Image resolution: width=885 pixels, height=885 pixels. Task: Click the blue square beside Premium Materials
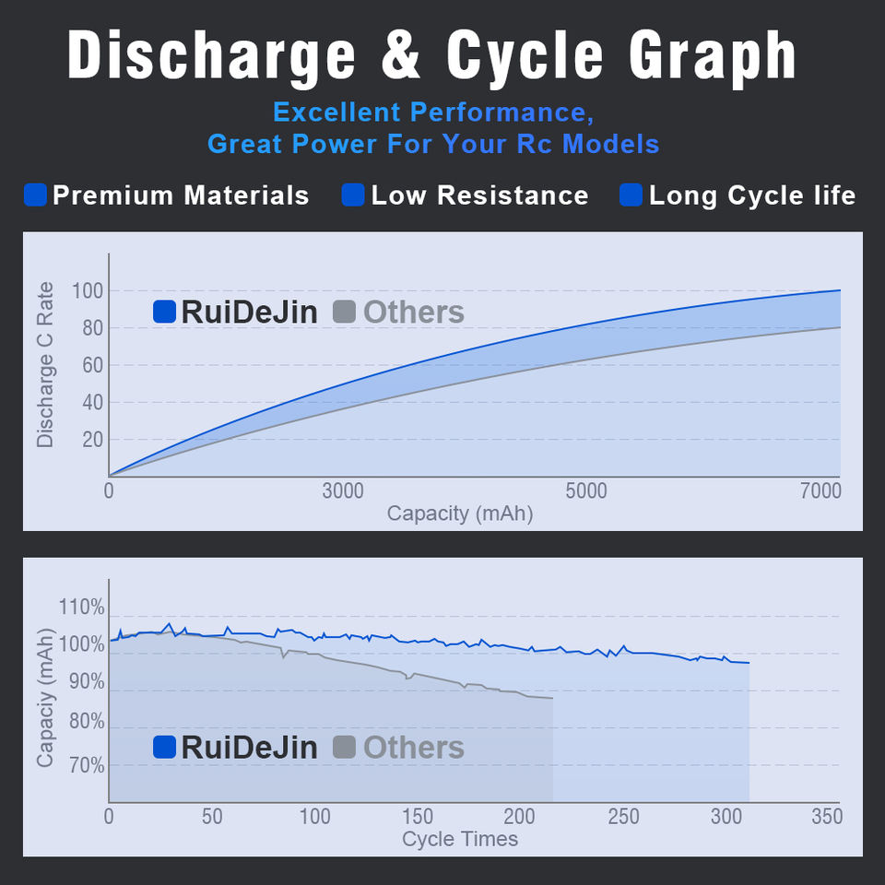[x=35, y=195]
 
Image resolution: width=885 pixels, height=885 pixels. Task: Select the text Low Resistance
[x=479, y=195]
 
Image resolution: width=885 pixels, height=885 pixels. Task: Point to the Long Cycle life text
[x=752, y=195]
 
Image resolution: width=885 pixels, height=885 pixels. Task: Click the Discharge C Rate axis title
[x=45, y=365]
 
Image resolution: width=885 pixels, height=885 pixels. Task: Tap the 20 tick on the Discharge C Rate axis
[x=93, y=440]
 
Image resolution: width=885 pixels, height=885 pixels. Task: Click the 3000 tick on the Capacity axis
[x=343, y=491]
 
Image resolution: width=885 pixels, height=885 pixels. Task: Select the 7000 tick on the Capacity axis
[x=820, y=491]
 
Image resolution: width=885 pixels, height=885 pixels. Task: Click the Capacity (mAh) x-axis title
[x=460, y=513]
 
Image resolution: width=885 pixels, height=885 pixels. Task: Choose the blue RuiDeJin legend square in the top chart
[x=164, y=312]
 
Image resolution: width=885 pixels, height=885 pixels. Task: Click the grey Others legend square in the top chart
[x=343, y=312]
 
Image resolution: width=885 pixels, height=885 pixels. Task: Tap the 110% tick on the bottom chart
[x=81, y=608]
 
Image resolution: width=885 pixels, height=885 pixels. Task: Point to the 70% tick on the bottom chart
[x=85, y=766]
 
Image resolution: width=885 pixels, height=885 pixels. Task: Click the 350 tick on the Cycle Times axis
[x=826, y=817]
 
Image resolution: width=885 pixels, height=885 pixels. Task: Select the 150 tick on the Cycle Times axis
[x=418, y=817]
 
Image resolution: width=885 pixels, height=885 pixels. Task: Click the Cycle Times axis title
[x=460, y=839]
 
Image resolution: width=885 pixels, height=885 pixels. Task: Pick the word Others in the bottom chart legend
[x=414, y=748]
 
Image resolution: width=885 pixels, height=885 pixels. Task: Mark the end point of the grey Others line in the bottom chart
[x=553, y=699]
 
